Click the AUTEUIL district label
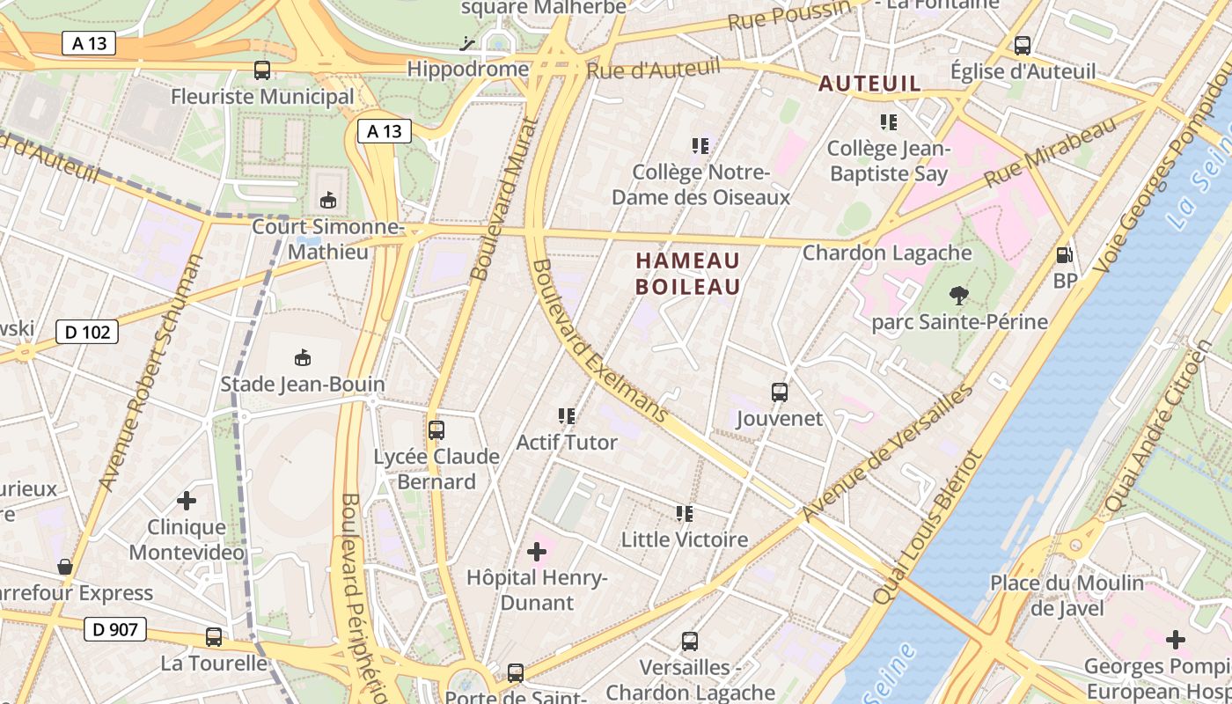pos(869,84)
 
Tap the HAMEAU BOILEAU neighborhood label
pos(687,274)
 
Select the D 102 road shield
pos(86,332)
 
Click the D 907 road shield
pos(114,629)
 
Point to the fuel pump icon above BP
pos(1064,255)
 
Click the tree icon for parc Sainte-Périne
pos(958,295)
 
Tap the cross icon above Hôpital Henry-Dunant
pos(536,552)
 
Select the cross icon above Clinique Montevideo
pos(186,501)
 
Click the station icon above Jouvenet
pos(779,392)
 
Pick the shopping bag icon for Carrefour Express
pos(64,566)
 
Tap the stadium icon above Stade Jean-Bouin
pos(303,357)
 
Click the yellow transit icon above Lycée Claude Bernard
pos(436,429)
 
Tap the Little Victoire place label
pos(685,539)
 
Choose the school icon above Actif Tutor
pos(566,415)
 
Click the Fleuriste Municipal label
pos(262,97)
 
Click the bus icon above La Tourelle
pos(213,636)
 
